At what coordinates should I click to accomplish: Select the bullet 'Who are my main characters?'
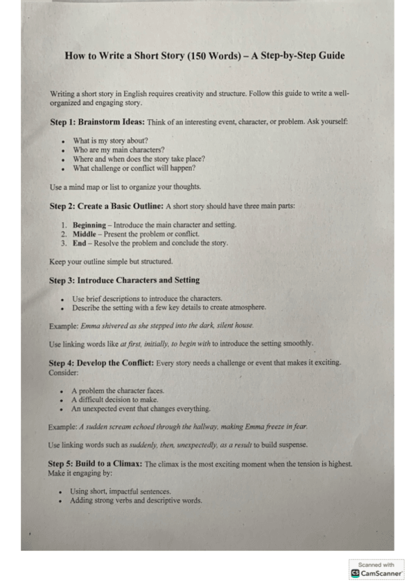click(118, 150)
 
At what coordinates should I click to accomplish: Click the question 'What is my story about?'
click(110, 141)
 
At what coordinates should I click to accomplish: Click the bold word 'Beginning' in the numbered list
click(89, 225)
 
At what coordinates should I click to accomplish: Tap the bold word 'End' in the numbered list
click(80, 243)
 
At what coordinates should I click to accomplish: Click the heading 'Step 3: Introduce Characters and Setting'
click(124, 280)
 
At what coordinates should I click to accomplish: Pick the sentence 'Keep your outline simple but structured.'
click(111, 262)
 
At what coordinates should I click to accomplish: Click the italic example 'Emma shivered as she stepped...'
click(167, 325)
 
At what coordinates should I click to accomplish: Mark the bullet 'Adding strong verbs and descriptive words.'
click(136, 500)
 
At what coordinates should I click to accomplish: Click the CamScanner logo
click(377, 573)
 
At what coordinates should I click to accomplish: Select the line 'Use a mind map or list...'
click(125, 187)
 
